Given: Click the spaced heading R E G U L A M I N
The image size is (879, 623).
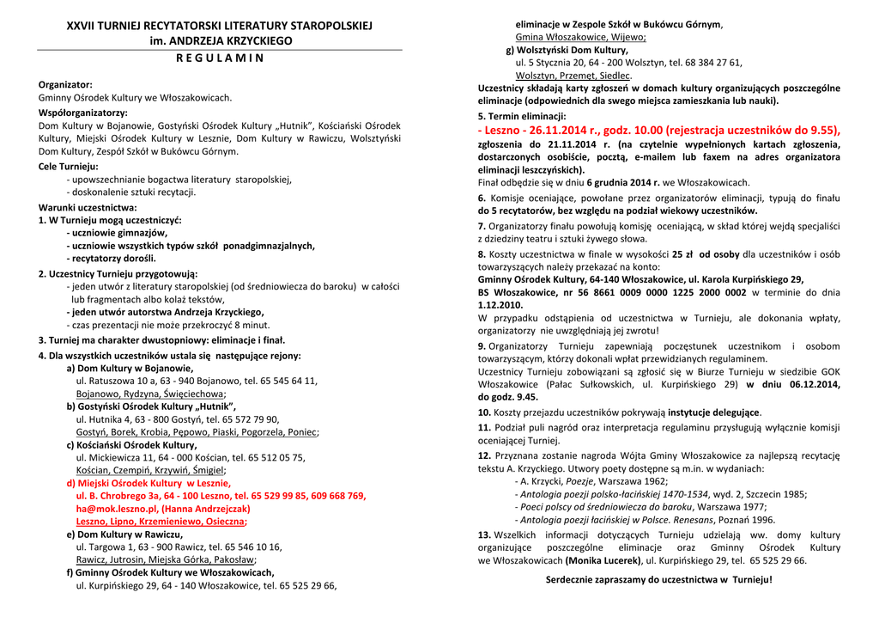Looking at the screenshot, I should pyautogui.click(x=219, y=58).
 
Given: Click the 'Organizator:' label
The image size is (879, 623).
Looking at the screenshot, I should pyautogui.click(x=65, y=84).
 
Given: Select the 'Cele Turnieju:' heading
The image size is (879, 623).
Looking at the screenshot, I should pyautogui.click(x=69, y=166).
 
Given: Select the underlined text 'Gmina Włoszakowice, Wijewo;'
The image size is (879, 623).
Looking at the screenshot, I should pyautogui.click(x=580, y=37).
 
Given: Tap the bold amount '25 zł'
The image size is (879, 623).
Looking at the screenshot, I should pyautogui.click(x=682, y=254).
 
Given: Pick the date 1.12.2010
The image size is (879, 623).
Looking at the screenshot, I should pyautogui.click(x=500, y=304).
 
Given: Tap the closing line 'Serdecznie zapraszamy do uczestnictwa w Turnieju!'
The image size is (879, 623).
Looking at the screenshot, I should pyautogui.click(x=658, y=579).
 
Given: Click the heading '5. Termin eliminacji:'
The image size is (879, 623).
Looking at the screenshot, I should pyautogui.click(x=521, y=116).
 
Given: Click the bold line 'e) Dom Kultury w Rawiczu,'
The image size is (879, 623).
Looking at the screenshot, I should pyautogui.click(x=125, y=534).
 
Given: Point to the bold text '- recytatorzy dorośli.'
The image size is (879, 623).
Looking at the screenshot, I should pyautogui.click(x=111, y=258).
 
